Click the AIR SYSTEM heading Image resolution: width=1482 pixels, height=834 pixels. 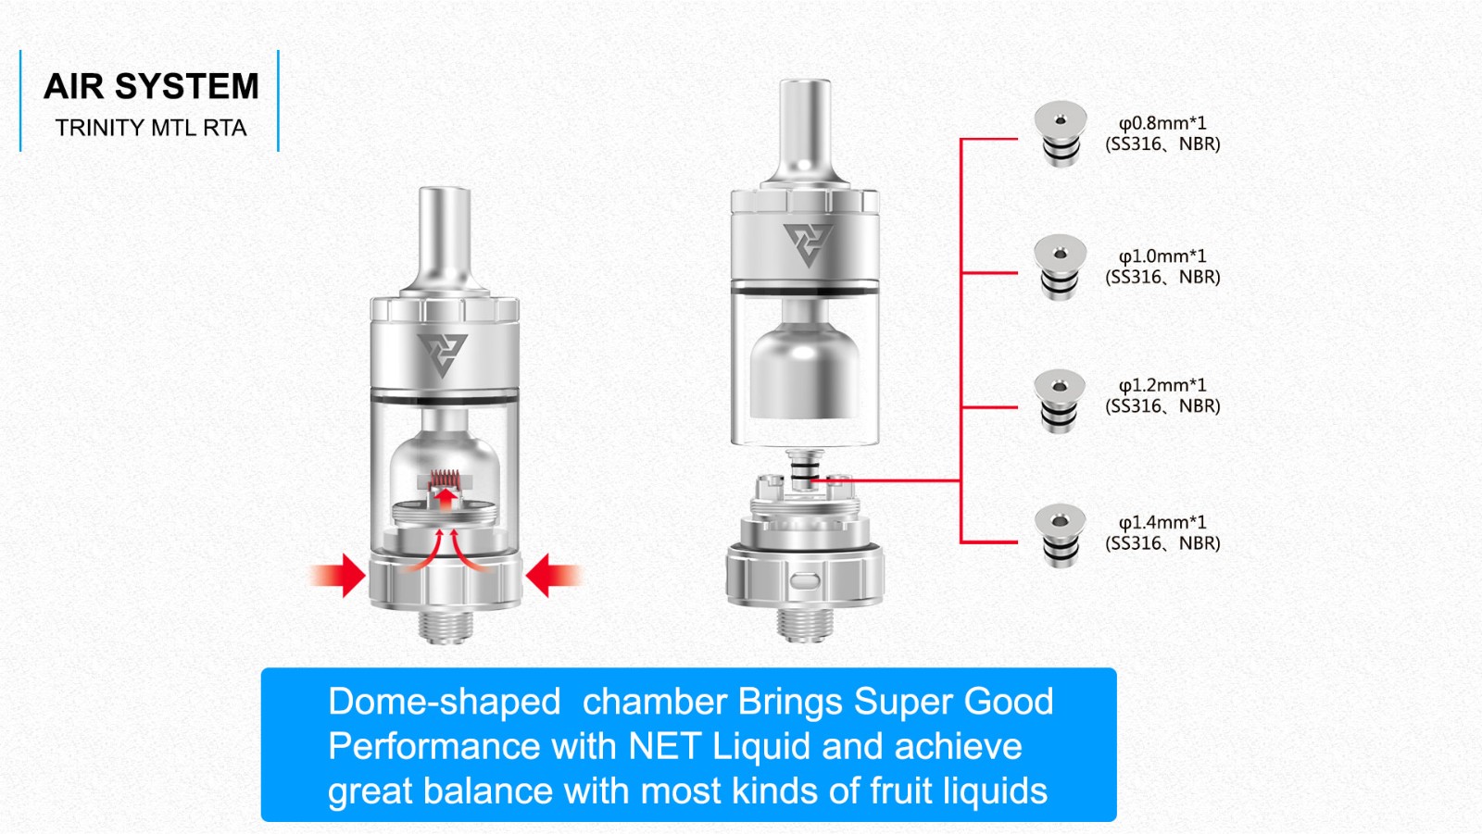(x=151, y=87)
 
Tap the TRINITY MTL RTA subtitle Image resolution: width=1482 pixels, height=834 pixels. (x=151, y=128)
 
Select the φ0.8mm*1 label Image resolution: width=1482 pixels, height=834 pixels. (x=1162, y=123)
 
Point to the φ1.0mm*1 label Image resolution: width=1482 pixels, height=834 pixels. (x=1162, y=256)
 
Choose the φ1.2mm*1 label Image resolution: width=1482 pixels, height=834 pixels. (x=1162, y=385)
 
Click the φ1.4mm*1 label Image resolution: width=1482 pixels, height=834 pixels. (x=1162, y=522)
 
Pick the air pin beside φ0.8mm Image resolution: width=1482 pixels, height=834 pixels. (x=1061, y=133)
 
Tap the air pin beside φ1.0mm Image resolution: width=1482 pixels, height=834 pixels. (x=1061, y=268)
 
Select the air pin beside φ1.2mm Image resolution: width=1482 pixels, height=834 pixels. (x=1060, y=402)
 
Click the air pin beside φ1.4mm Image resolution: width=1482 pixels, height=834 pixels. (x=1060, y=536)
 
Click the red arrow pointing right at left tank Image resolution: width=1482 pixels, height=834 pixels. (x=337, y=576)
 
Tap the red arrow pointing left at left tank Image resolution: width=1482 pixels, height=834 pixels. (x=555, y=576)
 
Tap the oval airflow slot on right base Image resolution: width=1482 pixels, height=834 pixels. (x=805, y=581)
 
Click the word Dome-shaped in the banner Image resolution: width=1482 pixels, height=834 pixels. (x=445, y=703)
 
